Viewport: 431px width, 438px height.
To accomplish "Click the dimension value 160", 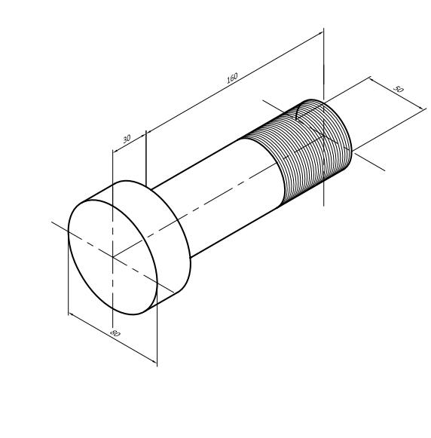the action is [232, 78].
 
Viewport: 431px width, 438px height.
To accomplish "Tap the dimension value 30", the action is [127, 139].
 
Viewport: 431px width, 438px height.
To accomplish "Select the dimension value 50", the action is [399, 89].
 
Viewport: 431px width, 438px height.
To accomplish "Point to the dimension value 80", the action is [115, 333].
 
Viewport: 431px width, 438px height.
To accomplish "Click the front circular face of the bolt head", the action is [113, 257].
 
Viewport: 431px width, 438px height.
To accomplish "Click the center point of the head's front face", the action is [113, 257].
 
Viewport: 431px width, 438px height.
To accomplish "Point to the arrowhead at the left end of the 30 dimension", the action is [115, 151].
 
